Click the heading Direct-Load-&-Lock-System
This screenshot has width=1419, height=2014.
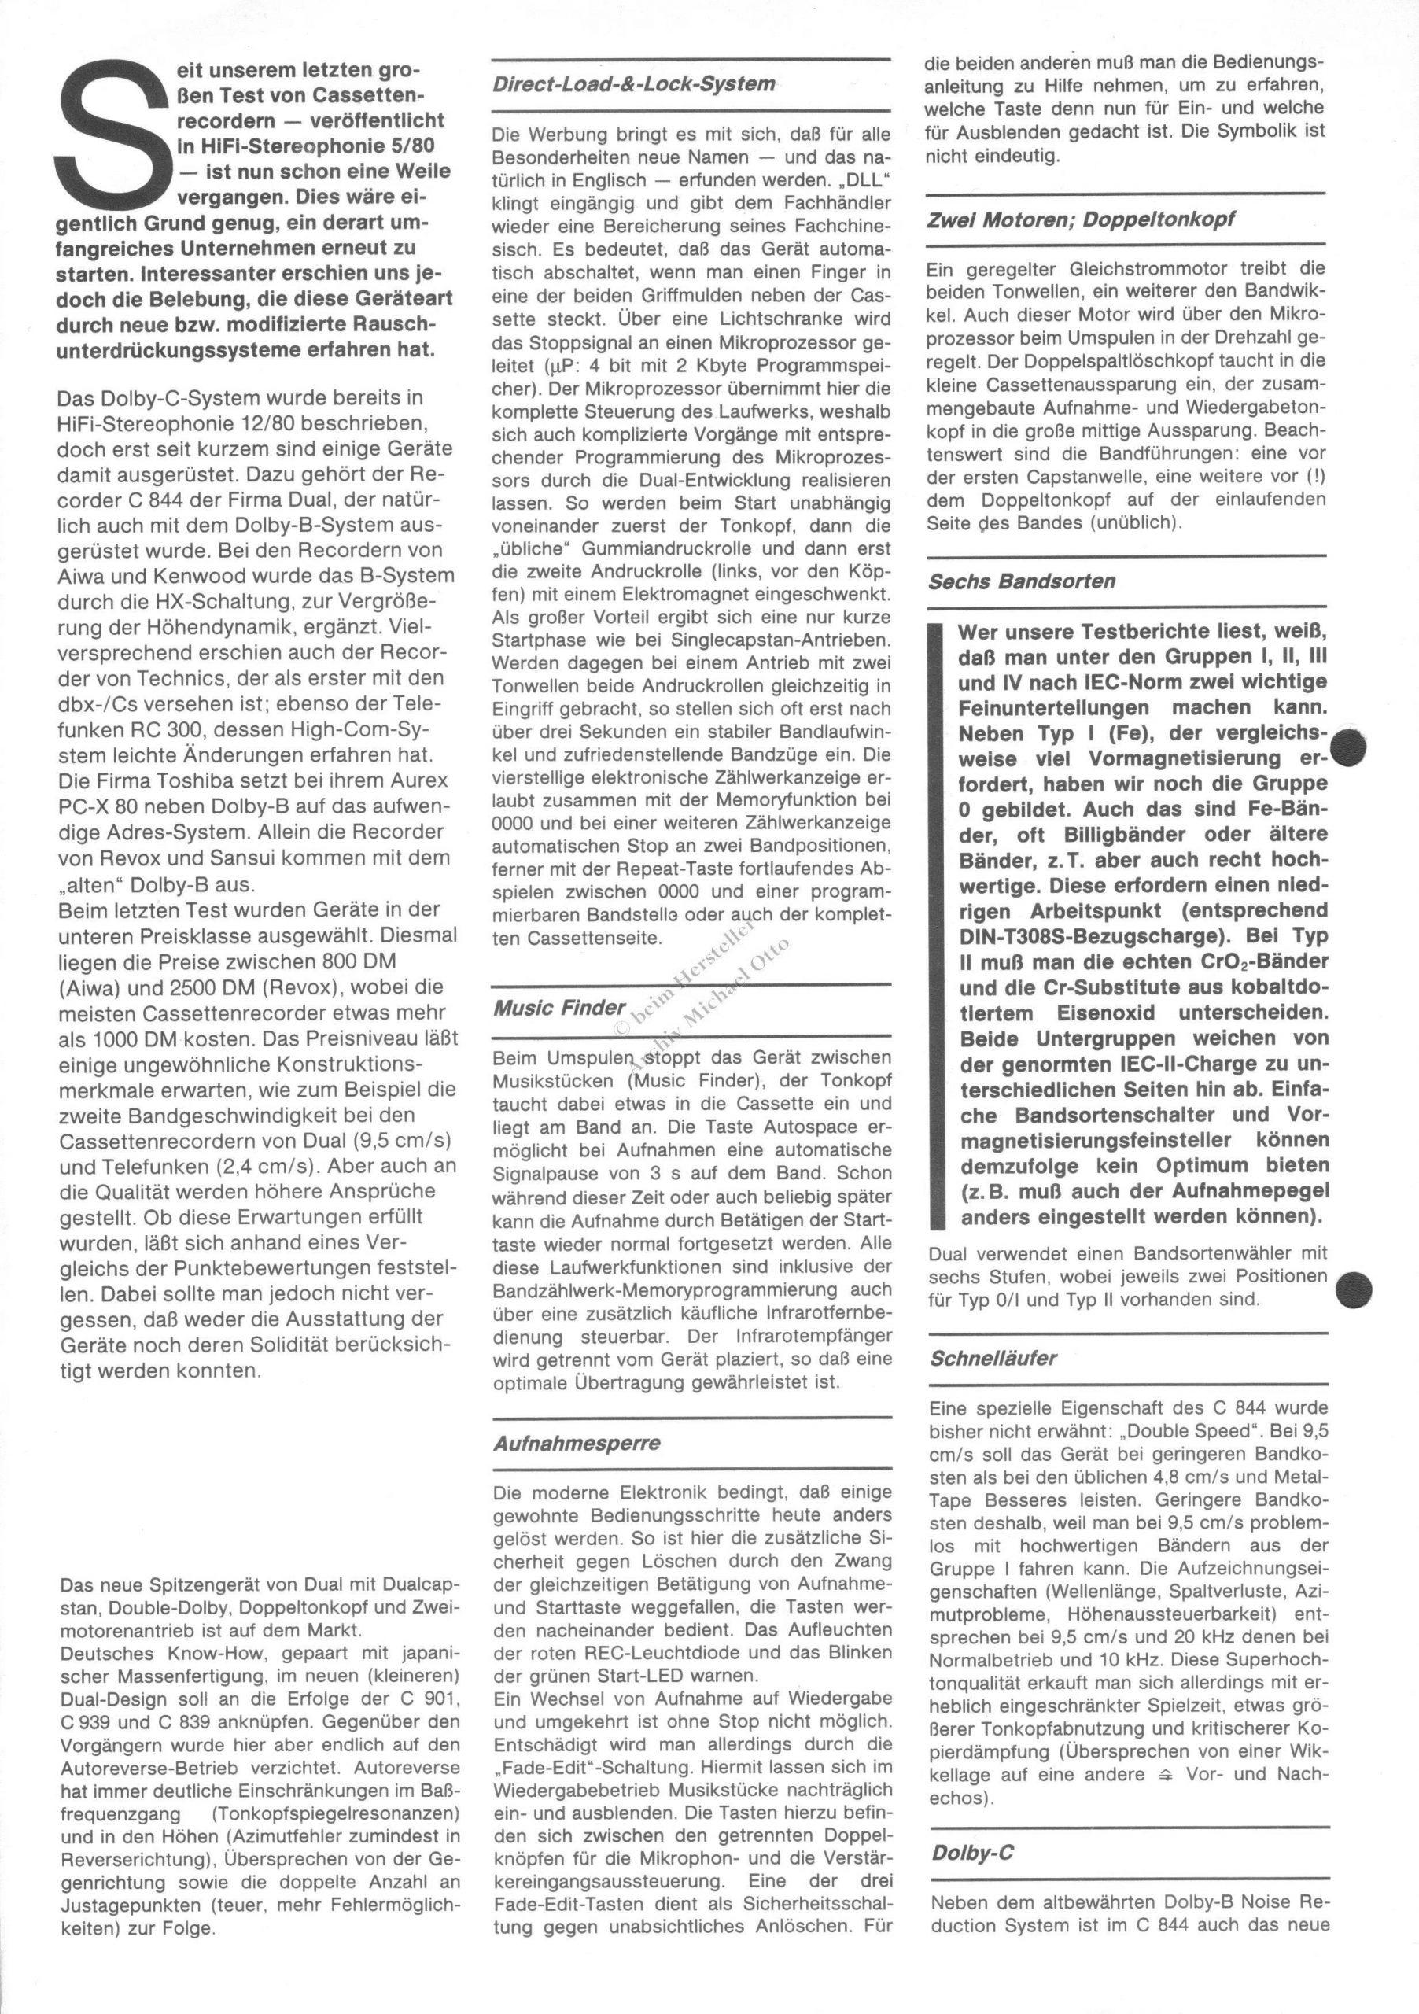tap(633, 85)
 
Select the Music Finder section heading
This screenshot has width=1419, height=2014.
tap(559, 1008)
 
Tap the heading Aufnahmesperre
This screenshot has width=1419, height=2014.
tap(577, 1443)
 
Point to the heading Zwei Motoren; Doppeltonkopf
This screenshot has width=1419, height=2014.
tap(1081, 220)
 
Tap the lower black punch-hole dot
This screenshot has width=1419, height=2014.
tap(1354, 1288)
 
